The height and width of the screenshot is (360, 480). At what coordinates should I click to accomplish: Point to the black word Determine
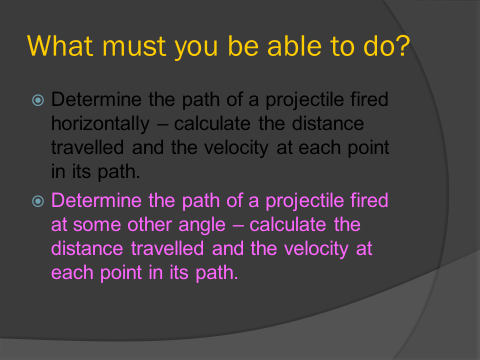click(97, 100)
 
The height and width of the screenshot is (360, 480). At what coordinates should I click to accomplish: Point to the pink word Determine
click(97, 201)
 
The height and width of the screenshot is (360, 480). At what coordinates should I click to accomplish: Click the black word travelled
click(88, 148)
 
